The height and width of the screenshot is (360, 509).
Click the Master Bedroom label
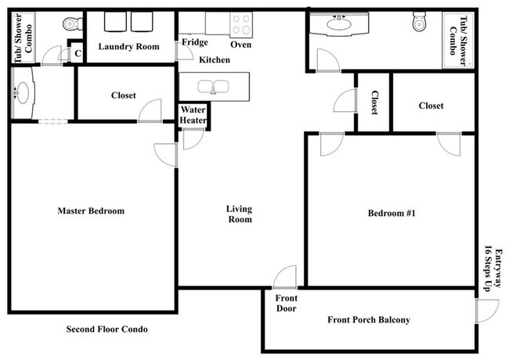tap(91, 211)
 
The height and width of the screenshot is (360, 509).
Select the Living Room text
tap(239, 214)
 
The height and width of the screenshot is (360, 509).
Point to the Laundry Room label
tap(128, 46)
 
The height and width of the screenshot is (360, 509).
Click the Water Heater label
tap(193, 116)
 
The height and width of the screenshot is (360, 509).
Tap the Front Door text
tap(286, 303)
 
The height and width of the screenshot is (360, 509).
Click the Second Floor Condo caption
tap(106, 329)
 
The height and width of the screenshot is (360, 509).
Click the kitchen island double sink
tap(214, 85)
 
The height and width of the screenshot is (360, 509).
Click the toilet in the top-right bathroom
tap(419, 23)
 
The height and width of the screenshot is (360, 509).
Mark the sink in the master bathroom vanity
tap(21, 94)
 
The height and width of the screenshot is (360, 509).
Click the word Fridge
tap(195, 42)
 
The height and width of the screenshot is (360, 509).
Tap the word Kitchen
tap(214, 59)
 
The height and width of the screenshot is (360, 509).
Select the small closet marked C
tap(76, 53)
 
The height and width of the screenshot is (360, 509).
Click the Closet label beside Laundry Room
tap(123, 95)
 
